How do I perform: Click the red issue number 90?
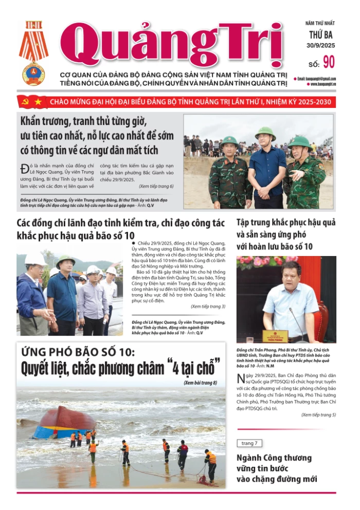tap(329, 62)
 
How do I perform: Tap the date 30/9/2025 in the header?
tap(321, 46)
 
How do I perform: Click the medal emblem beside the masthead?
tap(33, 53)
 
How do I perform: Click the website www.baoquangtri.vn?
tap(323, 84)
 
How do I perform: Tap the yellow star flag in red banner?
tap(38, 102)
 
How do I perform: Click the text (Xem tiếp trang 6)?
tap(156, 186)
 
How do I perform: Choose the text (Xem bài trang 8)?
tap(200, 383)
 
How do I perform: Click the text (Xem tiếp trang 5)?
tap(318, 414)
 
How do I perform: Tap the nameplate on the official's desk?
tap(275, 336)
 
